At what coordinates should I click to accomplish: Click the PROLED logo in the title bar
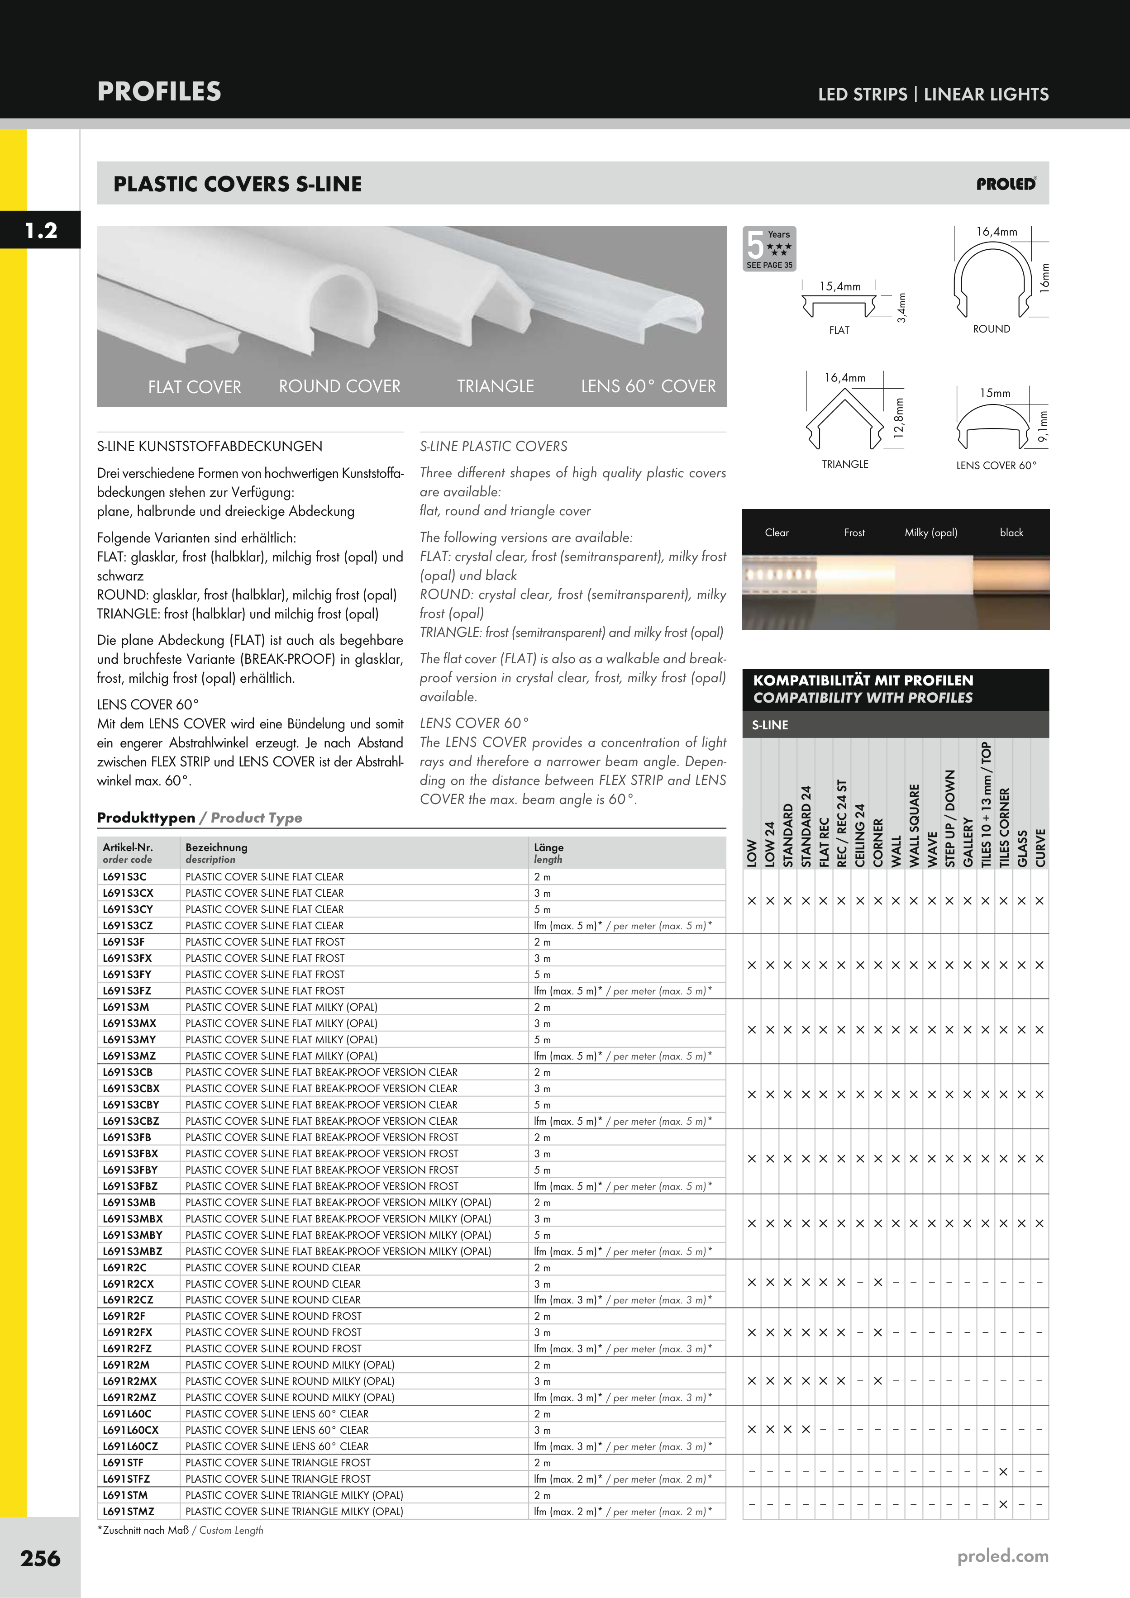pos(1006,185)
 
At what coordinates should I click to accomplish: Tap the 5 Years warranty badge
pos(769,248)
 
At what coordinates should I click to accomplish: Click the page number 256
pos(40,1558)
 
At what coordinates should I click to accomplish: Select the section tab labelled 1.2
pos(40,230)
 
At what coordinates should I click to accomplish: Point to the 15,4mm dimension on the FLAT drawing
pos(839,286)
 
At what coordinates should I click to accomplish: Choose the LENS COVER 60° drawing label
pos(996,465)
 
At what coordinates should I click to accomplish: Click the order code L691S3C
pos(124,877)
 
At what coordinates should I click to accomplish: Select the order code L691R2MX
pos(129,1381)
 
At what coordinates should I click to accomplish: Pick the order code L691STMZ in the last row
pos(129,1511)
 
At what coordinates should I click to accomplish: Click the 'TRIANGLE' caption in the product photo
pos(495,386)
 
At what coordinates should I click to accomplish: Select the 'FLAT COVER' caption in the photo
pos(194,387)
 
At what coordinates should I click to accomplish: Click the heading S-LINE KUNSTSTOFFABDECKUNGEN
pos(210,446)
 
